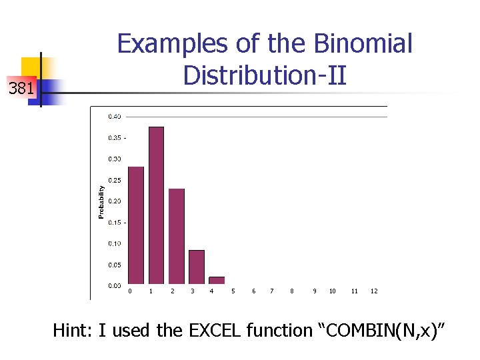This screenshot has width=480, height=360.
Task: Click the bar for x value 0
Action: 135,225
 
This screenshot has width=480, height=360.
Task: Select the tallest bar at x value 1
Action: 156,205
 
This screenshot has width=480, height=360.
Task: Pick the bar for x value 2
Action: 176,236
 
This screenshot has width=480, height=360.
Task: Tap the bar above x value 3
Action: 197,267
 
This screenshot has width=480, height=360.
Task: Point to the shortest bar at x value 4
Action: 217,280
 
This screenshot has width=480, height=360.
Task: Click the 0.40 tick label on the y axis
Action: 115,117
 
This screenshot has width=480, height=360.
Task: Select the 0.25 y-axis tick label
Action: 115,180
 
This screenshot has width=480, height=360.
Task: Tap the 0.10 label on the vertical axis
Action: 115,243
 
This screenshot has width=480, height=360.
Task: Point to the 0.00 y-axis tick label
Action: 115,285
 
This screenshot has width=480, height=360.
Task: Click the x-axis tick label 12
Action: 374,291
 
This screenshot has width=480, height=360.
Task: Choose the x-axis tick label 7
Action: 272,291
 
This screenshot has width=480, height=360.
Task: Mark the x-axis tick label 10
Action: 332,291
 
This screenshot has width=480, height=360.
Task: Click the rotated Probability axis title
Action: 101,201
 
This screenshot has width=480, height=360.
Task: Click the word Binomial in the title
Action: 364,45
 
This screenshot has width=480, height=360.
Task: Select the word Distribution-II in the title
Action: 265,75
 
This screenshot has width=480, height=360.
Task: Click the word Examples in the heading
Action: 173,45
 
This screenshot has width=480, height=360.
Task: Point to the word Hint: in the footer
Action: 73,330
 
